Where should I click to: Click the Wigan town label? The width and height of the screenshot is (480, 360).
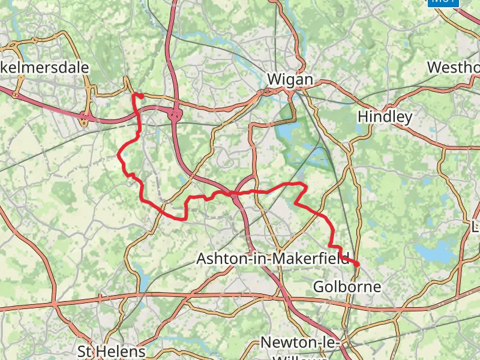(x=290, y=79)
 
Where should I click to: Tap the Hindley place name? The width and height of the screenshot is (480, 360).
(x=385, y=116)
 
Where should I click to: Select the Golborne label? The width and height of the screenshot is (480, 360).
(x=347, y=287)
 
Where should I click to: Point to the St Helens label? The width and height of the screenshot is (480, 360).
(x=112, y=350)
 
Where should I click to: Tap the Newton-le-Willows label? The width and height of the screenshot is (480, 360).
(x=300, y=343)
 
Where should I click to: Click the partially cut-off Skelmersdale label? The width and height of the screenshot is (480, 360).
(x=44, y=67)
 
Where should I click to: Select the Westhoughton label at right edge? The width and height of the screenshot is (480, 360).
(x=453, y=67)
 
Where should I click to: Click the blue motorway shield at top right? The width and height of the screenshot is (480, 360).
(x=443, y=2)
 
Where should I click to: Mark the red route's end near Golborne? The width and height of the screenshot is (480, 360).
(x=358, y=265)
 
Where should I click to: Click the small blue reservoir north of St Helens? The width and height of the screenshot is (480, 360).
(x=145, y=282)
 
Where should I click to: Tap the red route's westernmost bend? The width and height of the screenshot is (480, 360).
(x=118, y=156)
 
